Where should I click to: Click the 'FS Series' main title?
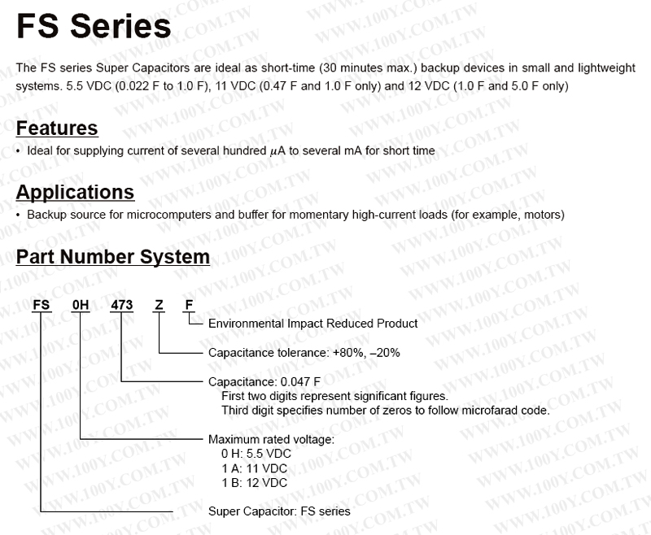(94, 27)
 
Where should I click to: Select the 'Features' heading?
(57, 128)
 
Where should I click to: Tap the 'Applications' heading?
(75, 193)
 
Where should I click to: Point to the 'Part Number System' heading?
(113, 257)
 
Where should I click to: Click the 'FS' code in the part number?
(41, 307)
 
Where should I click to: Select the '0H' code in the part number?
(80, 307)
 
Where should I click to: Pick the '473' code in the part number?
(120, 307)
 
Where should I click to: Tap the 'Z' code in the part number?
(159, 307)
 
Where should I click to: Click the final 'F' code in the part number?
(189, 307)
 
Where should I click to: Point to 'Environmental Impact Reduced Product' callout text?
(312, 324)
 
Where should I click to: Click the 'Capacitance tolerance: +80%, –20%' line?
(304, 354)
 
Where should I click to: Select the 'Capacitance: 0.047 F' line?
(264, 381)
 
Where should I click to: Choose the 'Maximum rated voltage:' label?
(271, 440)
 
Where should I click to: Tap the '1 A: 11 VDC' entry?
(254, 468)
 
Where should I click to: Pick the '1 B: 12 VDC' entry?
(254, 483)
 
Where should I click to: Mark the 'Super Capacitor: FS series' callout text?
(279, 511)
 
